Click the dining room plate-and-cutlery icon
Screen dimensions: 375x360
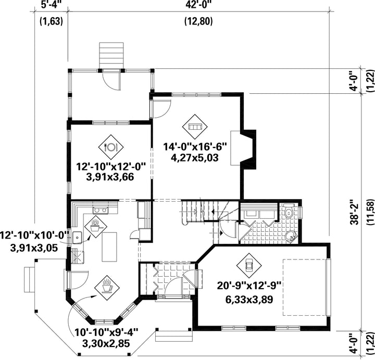[111, 147]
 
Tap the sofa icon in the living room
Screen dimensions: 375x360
[195, 126]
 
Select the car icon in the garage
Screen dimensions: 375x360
[249, 266]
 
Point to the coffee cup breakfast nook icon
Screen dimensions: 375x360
[107, 287]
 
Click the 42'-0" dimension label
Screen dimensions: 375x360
[198, 5]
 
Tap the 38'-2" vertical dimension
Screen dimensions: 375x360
[355, 212]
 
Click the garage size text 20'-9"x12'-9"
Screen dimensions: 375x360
[249, 285]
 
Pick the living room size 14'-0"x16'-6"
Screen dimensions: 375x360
[195, 146]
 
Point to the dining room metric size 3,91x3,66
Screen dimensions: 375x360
[110, 177]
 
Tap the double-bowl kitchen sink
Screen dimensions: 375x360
[101, 210]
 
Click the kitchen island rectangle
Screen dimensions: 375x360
[109, 247]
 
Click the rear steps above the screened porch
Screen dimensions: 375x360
[111, 55]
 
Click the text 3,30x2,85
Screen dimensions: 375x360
[106, 344]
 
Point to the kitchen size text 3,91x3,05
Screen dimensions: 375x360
[34, 248]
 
